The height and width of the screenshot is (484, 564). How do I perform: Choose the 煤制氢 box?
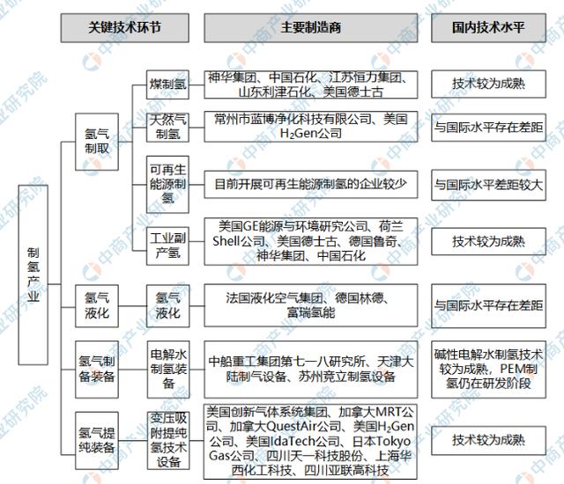tap(167, 84)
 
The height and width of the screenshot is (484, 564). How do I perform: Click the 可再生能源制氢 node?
tap(167, 184)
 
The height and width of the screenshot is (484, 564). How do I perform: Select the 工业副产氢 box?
tap(167, 240)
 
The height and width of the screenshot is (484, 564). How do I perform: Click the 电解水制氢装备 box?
tap(167, 361)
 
